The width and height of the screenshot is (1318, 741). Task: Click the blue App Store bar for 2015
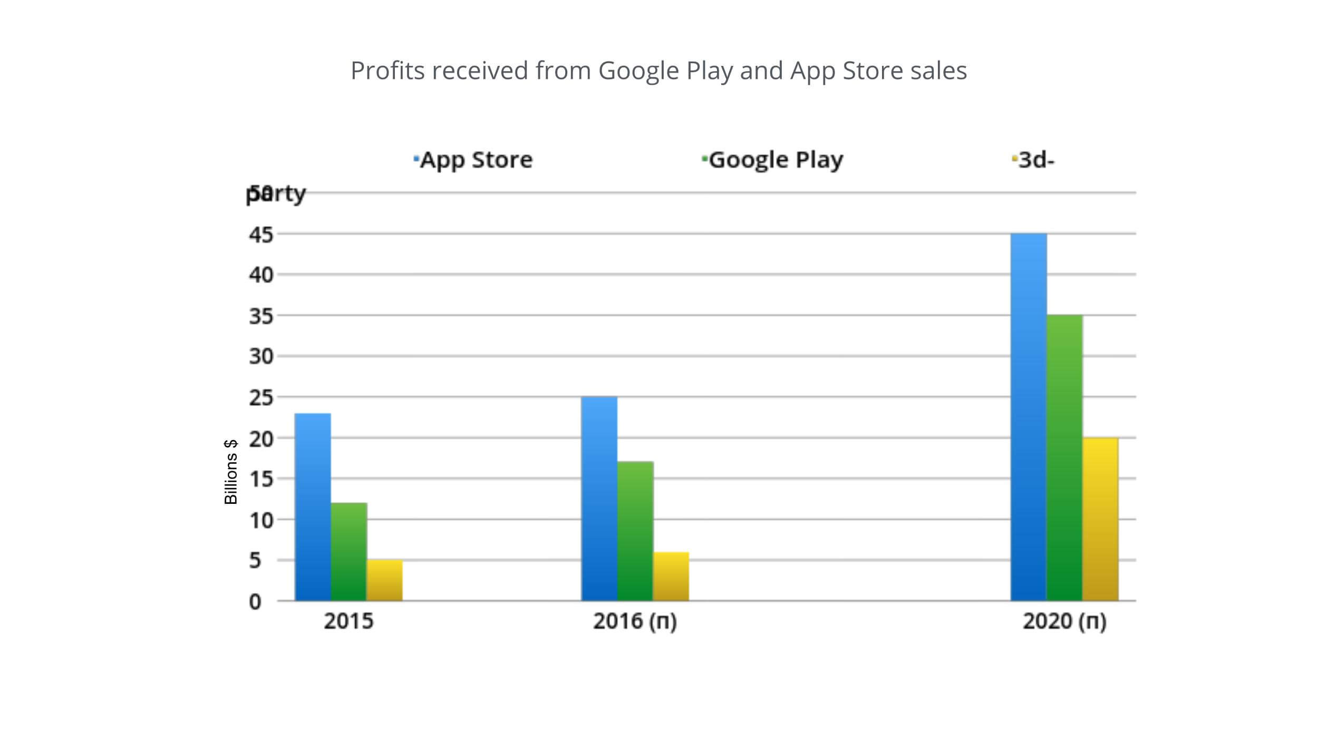(313, 507)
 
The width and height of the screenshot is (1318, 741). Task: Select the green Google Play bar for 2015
(348, 552)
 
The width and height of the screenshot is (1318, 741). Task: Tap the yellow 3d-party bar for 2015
(384, 580)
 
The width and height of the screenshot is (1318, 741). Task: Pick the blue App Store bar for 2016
(599, 499)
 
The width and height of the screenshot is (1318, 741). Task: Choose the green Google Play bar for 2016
(635, 531)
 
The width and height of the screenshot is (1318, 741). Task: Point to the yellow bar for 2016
(671, 577)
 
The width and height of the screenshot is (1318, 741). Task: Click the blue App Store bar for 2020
(1029, 417)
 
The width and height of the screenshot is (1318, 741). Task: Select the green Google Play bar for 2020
(1064, 458)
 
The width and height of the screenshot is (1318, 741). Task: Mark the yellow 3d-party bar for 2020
(1100, 519)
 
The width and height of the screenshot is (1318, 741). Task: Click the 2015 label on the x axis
(348, 621)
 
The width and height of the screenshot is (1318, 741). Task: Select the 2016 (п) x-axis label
(635, 621)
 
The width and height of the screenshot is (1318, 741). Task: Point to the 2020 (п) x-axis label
(1064, 621)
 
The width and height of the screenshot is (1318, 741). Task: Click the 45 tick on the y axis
(261, 235)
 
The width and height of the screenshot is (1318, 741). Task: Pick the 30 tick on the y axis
(261, 357)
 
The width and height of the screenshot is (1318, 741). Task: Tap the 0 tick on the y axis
(255, 601)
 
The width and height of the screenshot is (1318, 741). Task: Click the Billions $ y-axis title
(231, 472)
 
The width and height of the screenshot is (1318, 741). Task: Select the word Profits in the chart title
(387, 71)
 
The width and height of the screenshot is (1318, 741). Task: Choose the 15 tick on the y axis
(261, 479)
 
